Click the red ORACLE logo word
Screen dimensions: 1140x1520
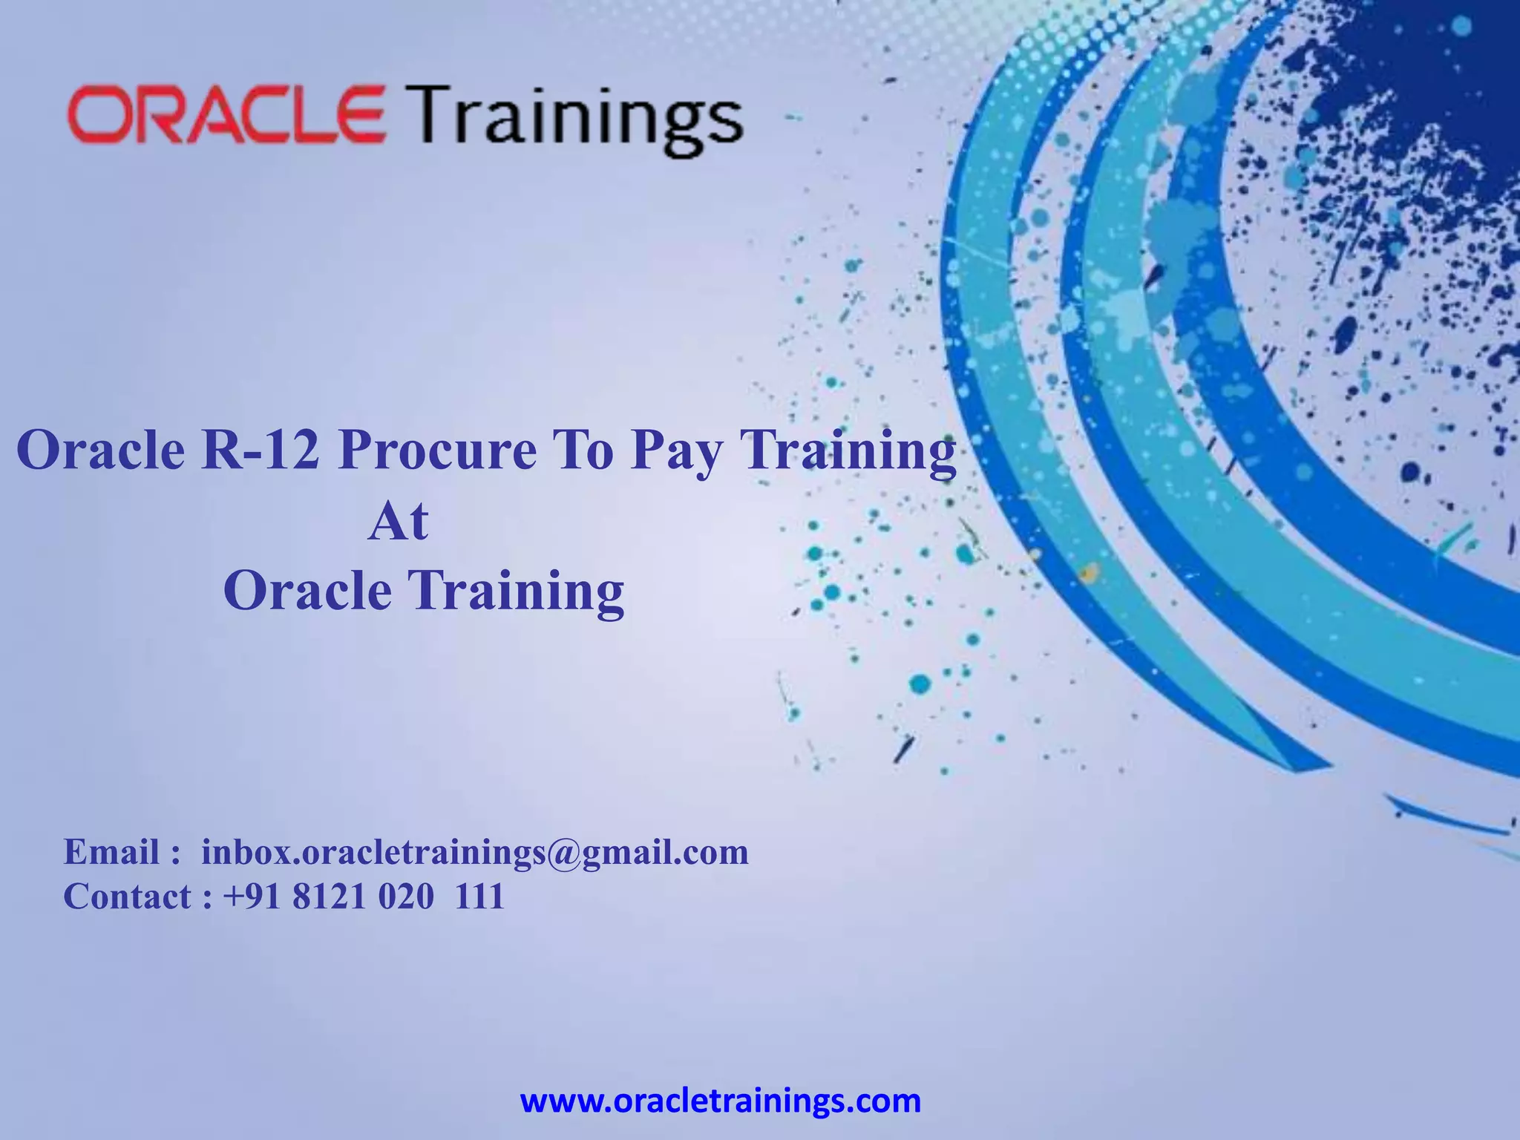226,114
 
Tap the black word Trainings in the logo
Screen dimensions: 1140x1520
577,119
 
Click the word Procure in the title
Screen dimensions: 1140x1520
437,451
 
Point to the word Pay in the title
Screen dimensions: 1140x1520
675,452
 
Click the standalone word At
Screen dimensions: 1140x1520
399,521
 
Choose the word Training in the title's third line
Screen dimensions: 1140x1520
517,592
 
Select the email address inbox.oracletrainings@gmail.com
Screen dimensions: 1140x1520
475,852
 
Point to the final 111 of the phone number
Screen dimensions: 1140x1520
479,897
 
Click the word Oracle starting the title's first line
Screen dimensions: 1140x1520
100,451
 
